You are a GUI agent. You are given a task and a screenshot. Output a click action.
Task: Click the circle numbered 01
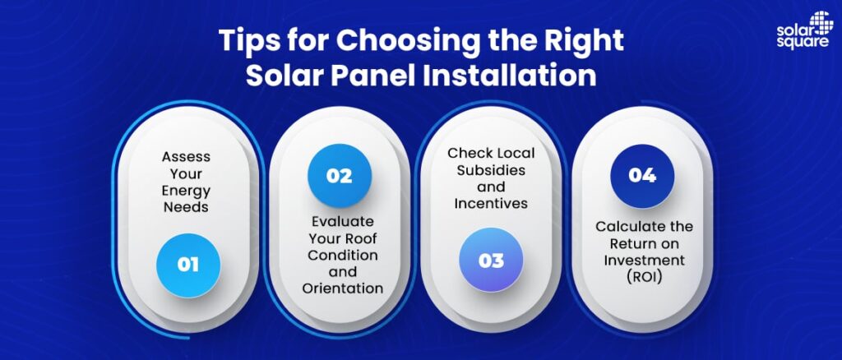pyautogui.click(x=188, y=265)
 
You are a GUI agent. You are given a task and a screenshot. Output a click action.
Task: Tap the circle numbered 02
pyautogui.click(x=339, y=175)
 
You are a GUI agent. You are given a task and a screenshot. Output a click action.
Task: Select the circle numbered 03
pyautogui.click(x=491, y=261)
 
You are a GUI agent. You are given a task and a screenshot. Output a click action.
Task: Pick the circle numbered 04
pyautogui.click(x=642, y=175)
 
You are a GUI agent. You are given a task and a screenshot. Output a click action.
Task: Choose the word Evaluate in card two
pyautogui.click(x=342, y=221)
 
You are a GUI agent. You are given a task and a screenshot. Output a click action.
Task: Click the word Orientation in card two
pyautogui.click(x=342, y=288)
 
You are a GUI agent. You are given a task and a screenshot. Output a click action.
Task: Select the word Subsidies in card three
pyautogui.click(x=491, y=170)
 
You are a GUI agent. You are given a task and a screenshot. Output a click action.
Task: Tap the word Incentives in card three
pyautogui.click(x=491, y=204)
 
